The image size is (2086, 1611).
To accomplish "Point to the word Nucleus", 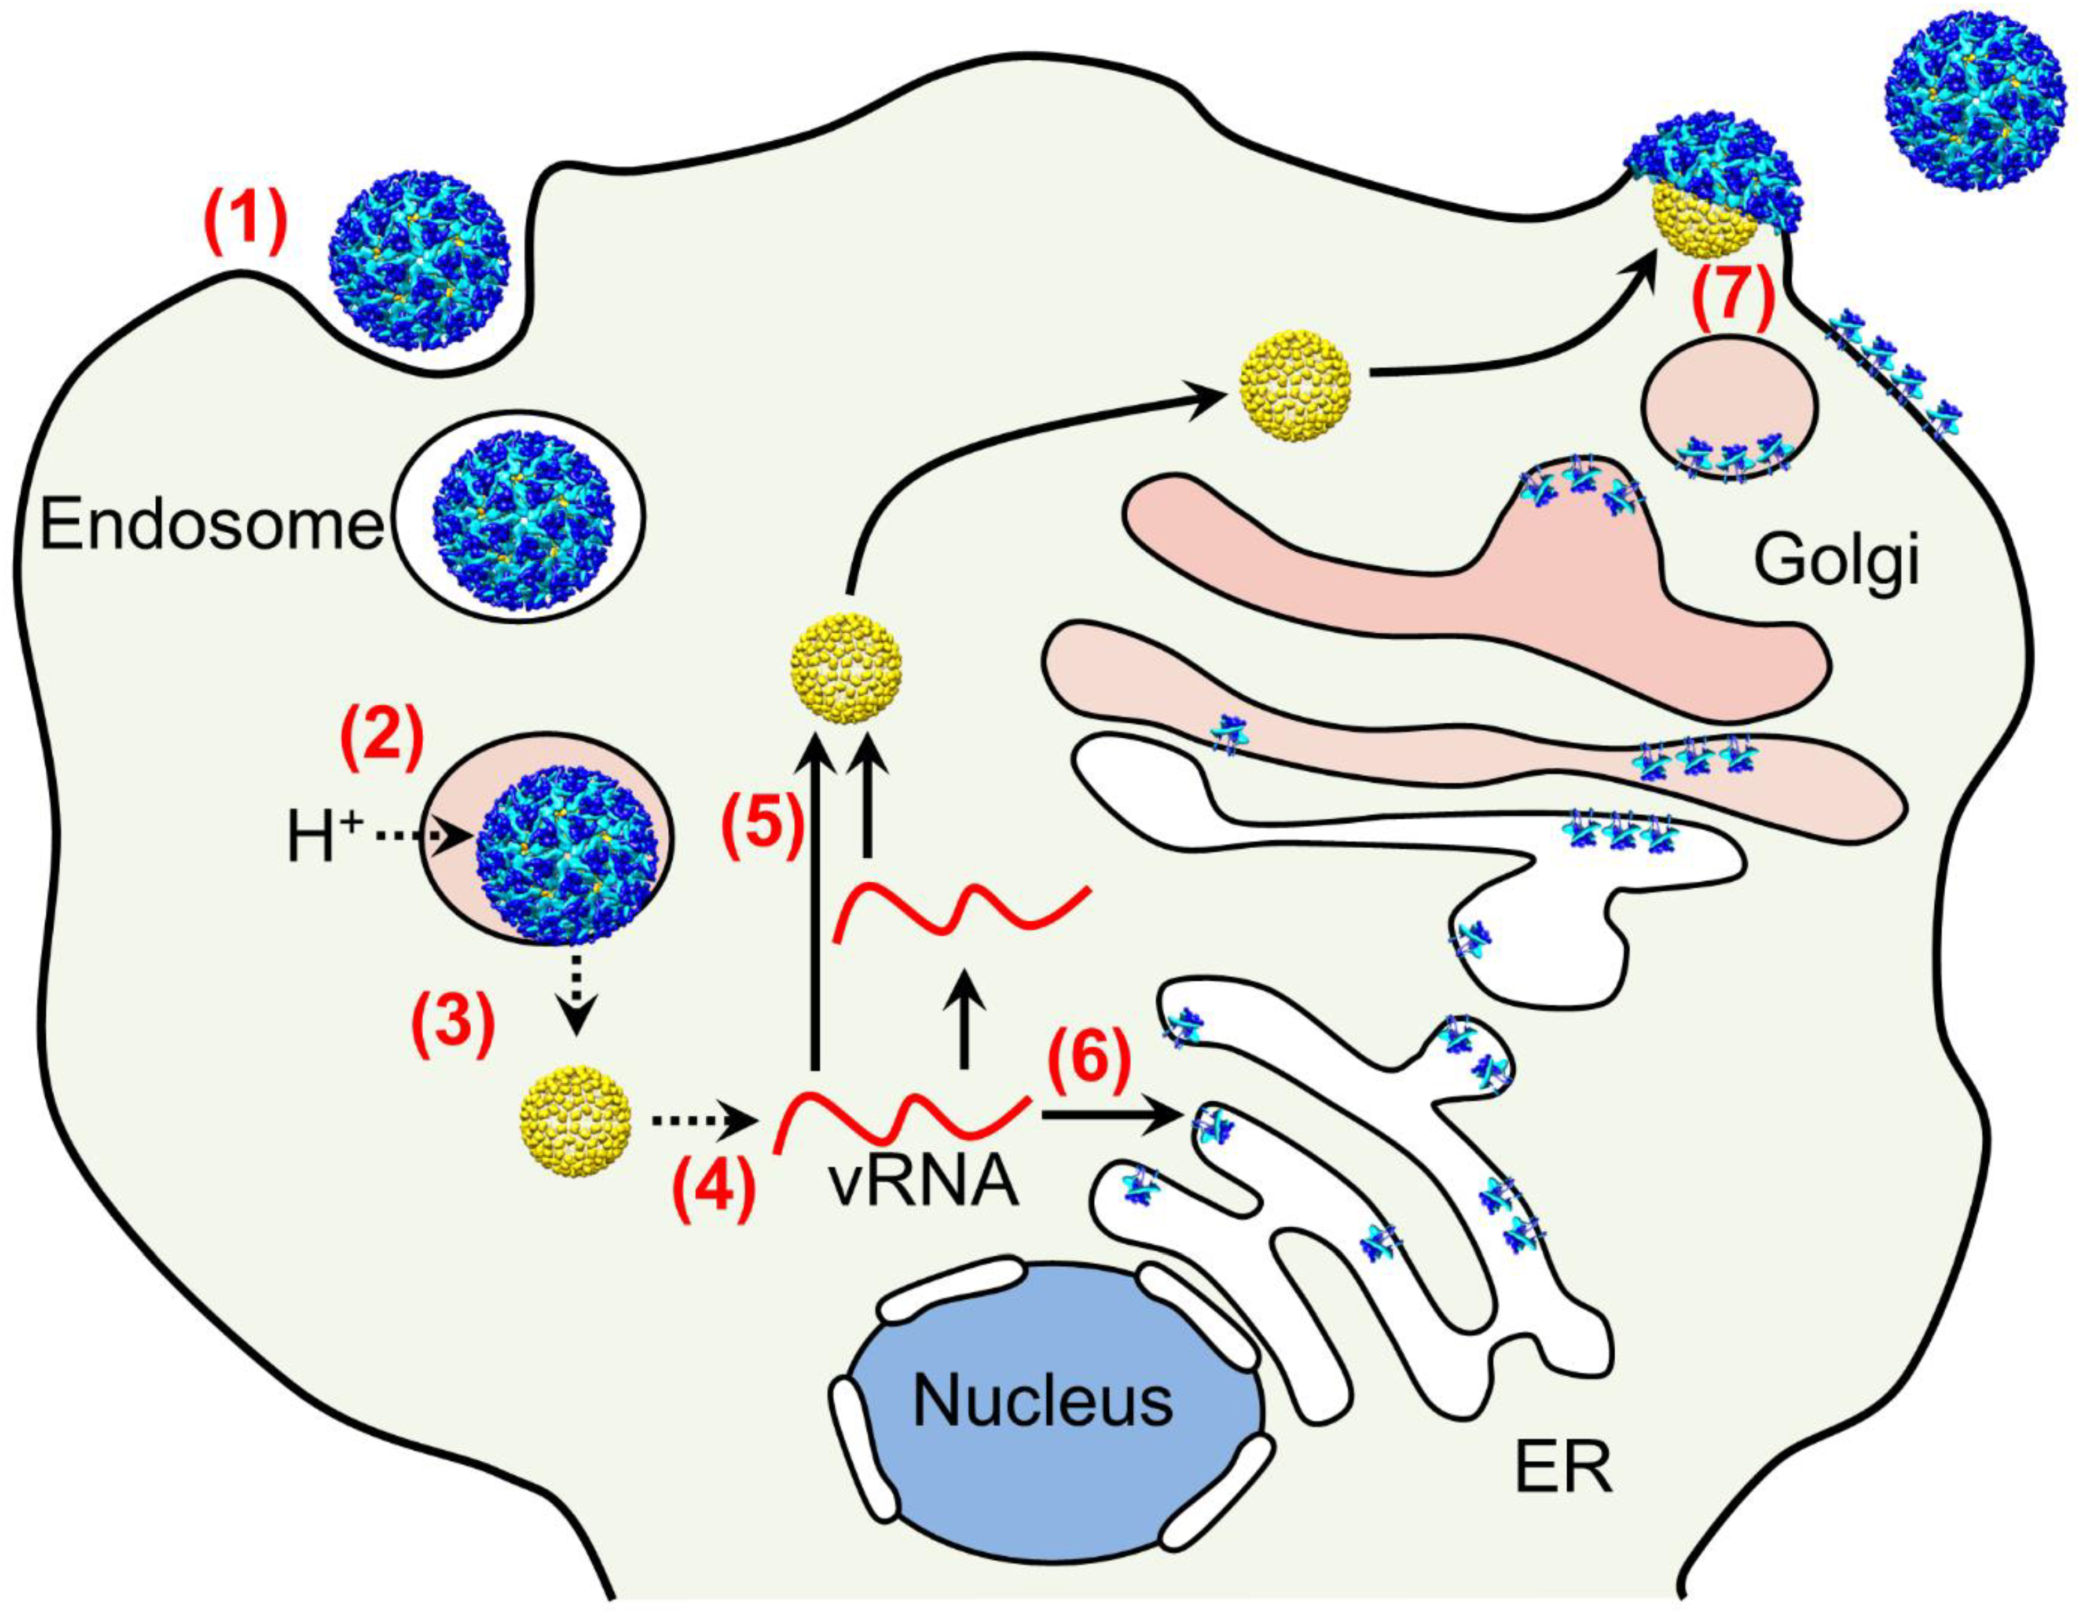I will (1043, 1401).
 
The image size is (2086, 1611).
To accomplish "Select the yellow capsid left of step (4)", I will (575, 1121).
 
